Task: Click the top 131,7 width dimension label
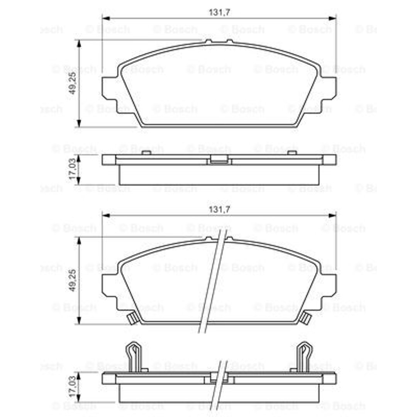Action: [x=219, y=12]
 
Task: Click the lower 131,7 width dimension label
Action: [x=219, y=210]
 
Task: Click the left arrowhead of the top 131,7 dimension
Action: [x=106, y=18]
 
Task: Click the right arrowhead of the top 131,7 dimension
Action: [x=332, y=18]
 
